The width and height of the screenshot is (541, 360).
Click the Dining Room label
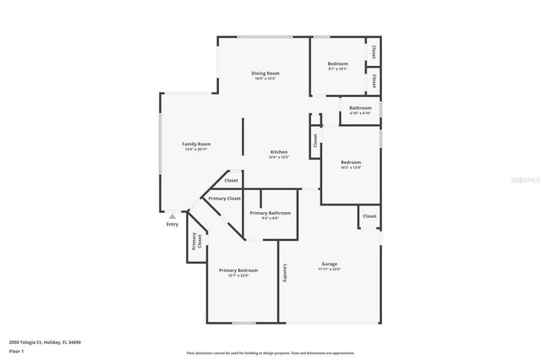tap(265, 74)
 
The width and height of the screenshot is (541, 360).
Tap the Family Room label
tap(197, 144)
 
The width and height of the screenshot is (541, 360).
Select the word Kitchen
tap(279, 152)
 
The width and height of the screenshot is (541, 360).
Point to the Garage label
tap(329, 264)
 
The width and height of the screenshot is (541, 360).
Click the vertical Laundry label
tap(287, 274)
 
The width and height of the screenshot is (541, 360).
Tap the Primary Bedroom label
tap(238, 270)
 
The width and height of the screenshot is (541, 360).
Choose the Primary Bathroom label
tap(270, 213)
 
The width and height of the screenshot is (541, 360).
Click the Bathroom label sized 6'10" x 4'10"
tap(360, 108)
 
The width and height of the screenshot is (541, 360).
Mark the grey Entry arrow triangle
tap(172, 216)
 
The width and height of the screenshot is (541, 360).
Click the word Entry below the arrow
tap(172, 224)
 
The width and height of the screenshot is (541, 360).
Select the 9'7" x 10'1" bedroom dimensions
tap(337, 69)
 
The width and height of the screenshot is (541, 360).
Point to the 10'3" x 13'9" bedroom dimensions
tap(351, 167)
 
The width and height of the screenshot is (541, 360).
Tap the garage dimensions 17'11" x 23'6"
tap(329, 270)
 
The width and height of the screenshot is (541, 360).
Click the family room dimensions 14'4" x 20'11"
tap(197, 150)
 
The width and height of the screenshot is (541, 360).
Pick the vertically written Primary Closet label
tap(196, 241)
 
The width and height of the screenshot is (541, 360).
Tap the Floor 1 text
tap(17, 350)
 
